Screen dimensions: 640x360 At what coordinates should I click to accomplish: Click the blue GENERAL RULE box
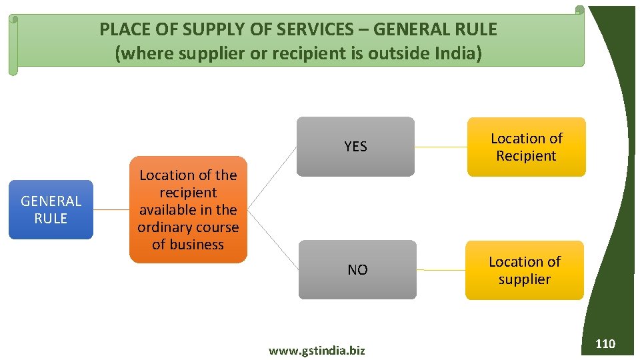51,209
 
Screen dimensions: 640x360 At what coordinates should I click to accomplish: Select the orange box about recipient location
188,209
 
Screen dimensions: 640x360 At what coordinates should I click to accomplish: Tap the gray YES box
355,147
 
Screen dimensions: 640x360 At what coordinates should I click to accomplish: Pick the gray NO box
357,269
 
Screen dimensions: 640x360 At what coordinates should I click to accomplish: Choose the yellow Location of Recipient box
526,147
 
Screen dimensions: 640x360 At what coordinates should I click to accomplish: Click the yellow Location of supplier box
524,270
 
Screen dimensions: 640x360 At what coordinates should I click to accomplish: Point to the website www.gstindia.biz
317,350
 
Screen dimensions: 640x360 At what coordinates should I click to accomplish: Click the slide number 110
605,344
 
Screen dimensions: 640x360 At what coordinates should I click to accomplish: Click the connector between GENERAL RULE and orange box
111,209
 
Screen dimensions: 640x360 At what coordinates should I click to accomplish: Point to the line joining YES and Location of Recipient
441,147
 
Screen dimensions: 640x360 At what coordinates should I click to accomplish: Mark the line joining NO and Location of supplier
441,270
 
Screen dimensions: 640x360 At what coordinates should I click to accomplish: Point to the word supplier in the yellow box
524,279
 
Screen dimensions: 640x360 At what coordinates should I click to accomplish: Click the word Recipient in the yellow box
526,155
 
